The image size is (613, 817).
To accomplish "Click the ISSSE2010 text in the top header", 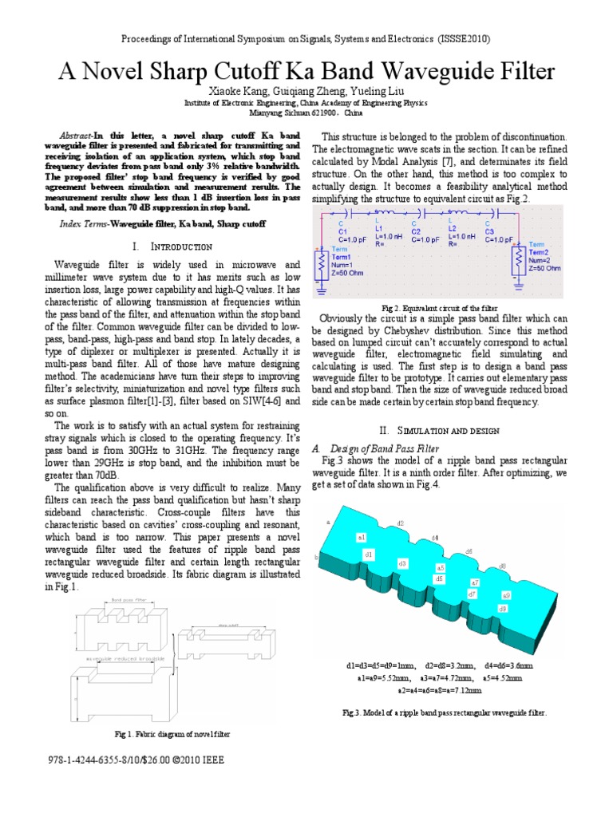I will [x=463, y=38].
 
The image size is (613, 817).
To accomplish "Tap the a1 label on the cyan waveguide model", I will [x=362, y=538].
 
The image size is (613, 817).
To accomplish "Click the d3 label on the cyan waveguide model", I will [x=402, y=563].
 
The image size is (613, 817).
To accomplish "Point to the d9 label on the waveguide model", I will [x=503, y=608].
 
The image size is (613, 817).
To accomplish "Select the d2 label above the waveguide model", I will [x=399, y=523].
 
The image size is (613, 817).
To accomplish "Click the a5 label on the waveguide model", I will [x=441, y=566].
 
